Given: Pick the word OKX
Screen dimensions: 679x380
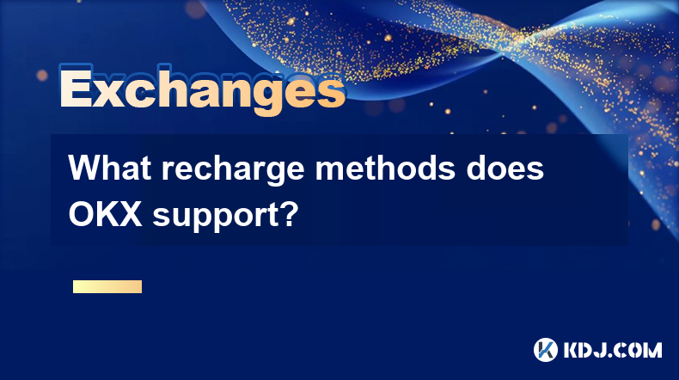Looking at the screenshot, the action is [105, 214].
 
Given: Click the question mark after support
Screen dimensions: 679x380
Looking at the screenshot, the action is [287, 213].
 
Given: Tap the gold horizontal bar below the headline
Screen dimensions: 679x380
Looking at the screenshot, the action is [107, 286].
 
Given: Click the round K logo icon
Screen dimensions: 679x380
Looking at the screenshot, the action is [546, 350].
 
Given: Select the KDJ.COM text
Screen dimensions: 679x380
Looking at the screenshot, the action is [613, 350].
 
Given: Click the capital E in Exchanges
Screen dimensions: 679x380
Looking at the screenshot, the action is [76, 88].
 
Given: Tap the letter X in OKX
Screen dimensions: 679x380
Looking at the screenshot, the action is [129, 214].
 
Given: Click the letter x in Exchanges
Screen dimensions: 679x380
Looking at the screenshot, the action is [108, 93].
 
